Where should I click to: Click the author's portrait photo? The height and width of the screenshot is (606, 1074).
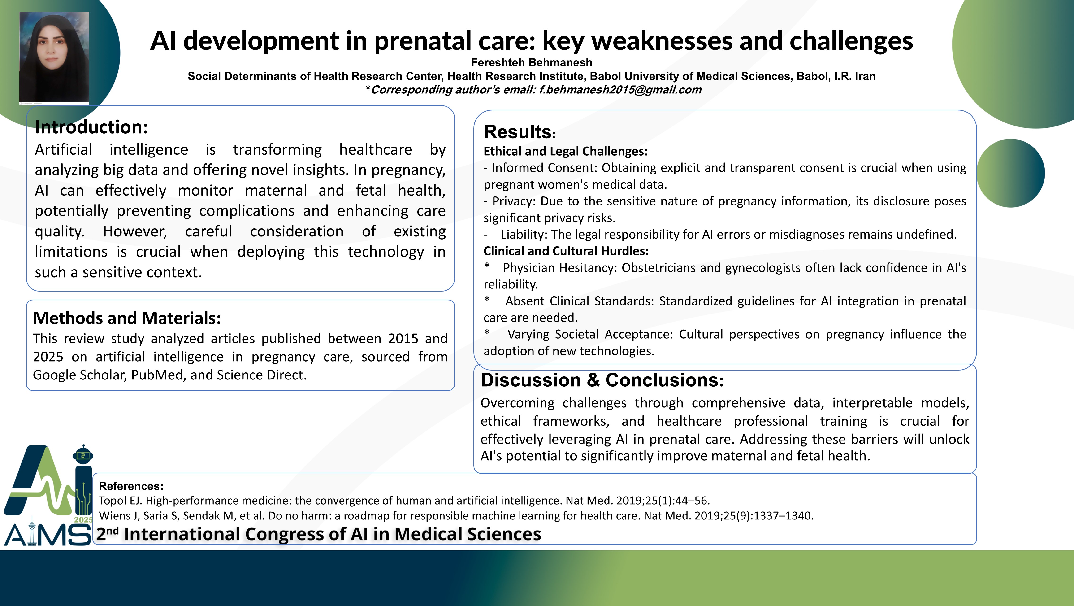[x=54, y=57]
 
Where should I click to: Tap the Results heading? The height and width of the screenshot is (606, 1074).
[x=519, y=132]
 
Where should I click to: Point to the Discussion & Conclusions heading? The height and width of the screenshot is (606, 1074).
[x=602, y=380]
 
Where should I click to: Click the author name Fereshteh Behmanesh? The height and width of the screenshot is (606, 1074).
[x=532, y=63]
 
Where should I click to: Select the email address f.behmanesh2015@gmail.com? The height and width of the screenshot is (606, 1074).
[x=620, y=90]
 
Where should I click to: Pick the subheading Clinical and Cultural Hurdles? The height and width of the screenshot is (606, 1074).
[x=566, y=251]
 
